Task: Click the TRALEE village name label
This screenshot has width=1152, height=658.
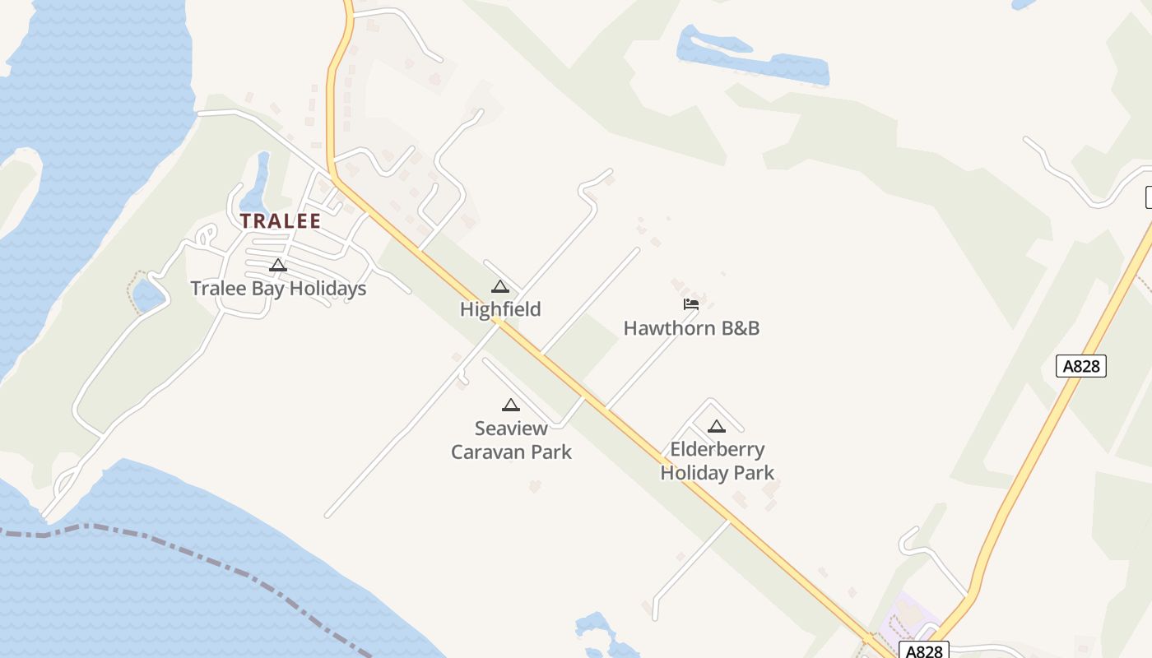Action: coord(280,220)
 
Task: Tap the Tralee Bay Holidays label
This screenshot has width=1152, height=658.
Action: coord(278,289)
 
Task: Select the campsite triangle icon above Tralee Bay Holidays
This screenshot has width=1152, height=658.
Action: coord(278,265)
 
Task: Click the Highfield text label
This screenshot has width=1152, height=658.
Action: coord(500,309)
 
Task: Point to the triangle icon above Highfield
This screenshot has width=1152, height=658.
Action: coord(500,286)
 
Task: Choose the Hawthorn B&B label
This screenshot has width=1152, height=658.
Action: coord(691,328)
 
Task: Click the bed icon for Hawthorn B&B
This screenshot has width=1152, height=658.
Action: coord(691,304)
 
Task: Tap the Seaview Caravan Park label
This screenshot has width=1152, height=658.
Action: coord(511,440)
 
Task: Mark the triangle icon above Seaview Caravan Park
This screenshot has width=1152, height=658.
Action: coord(511,405)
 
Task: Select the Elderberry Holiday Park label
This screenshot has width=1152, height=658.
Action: coord(718,461)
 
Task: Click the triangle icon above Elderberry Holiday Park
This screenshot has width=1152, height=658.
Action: coord(717,426)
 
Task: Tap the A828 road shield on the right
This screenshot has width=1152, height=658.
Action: coord(1081,366)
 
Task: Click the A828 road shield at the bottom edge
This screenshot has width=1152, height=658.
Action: coord(923,651)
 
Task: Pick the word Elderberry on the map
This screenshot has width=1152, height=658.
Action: coord(718,449)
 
